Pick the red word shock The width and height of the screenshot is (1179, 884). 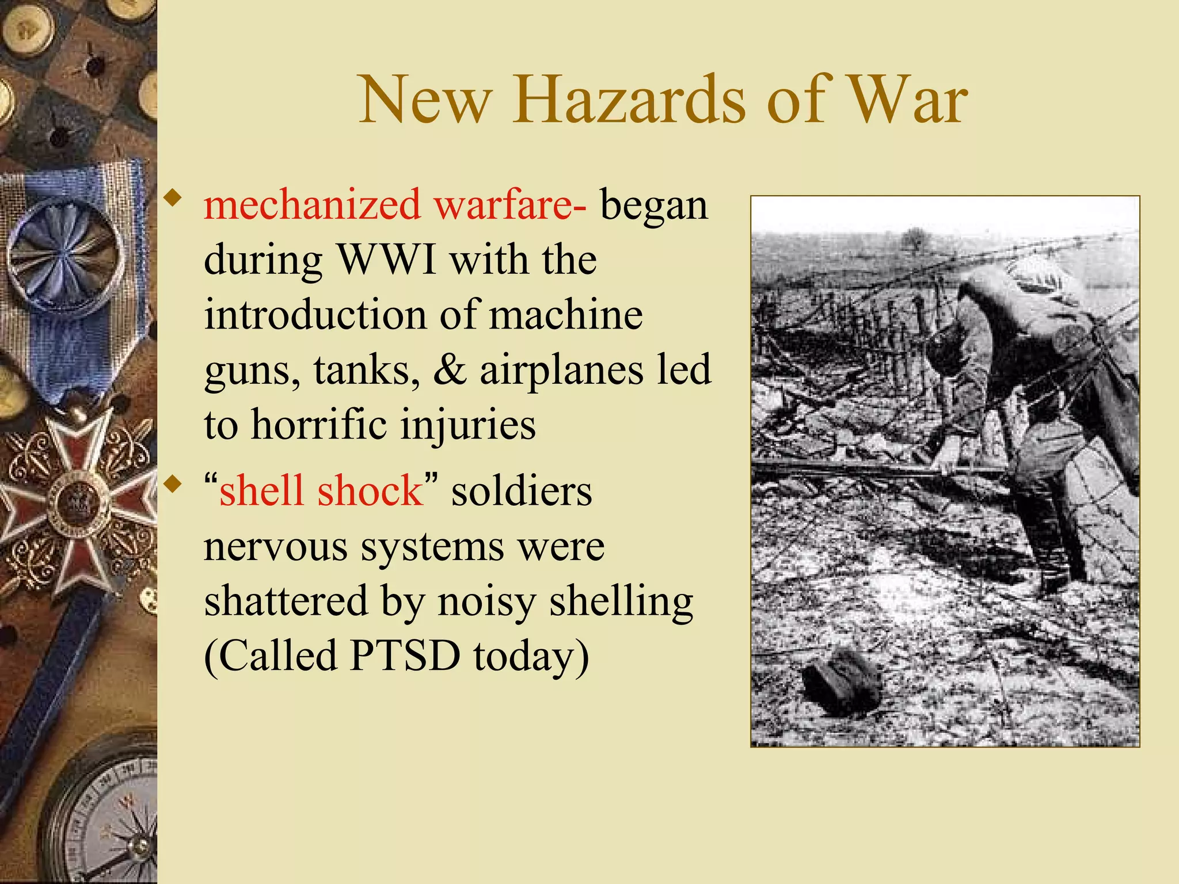(x=370, y=491)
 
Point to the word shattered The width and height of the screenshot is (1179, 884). (x=286, y=601)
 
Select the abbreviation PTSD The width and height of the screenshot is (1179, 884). (x=405, y=656)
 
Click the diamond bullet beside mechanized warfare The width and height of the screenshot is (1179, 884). (x=172, y=199)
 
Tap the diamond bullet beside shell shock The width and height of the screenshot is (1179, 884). (x=172, y=484)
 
